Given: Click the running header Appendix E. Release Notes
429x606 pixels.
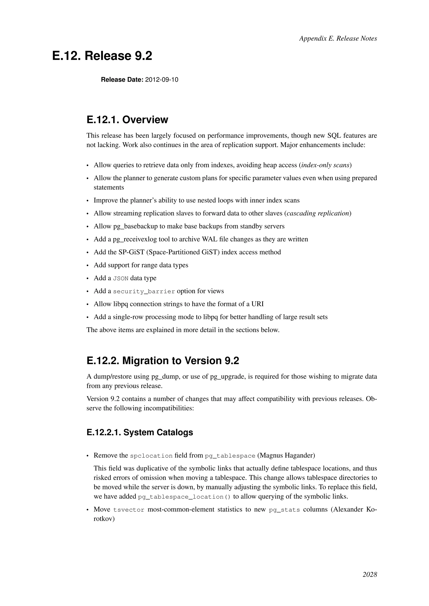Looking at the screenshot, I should [x=338, y=39].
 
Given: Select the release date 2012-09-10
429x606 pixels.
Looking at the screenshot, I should [x=162, y=80].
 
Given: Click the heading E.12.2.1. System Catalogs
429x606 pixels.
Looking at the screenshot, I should [x=140, y=432].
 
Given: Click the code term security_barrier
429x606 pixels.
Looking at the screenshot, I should [x=144, y=291].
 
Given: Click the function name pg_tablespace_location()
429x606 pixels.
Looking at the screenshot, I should [x=184, y=497].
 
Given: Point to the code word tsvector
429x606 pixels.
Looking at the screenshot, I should [x=129, y=510].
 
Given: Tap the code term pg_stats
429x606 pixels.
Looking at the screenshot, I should [x=284, y=510].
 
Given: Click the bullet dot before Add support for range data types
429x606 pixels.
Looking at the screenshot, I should [x=88, y=266].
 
